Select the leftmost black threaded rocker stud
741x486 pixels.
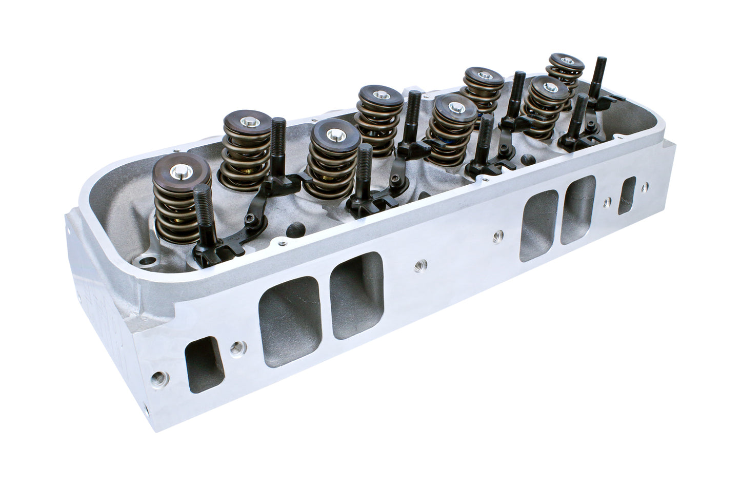pos(201,216)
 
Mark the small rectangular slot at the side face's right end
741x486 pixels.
pos(627,195)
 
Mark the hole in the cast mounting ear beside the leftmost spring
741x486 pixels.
pos(149,261)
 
